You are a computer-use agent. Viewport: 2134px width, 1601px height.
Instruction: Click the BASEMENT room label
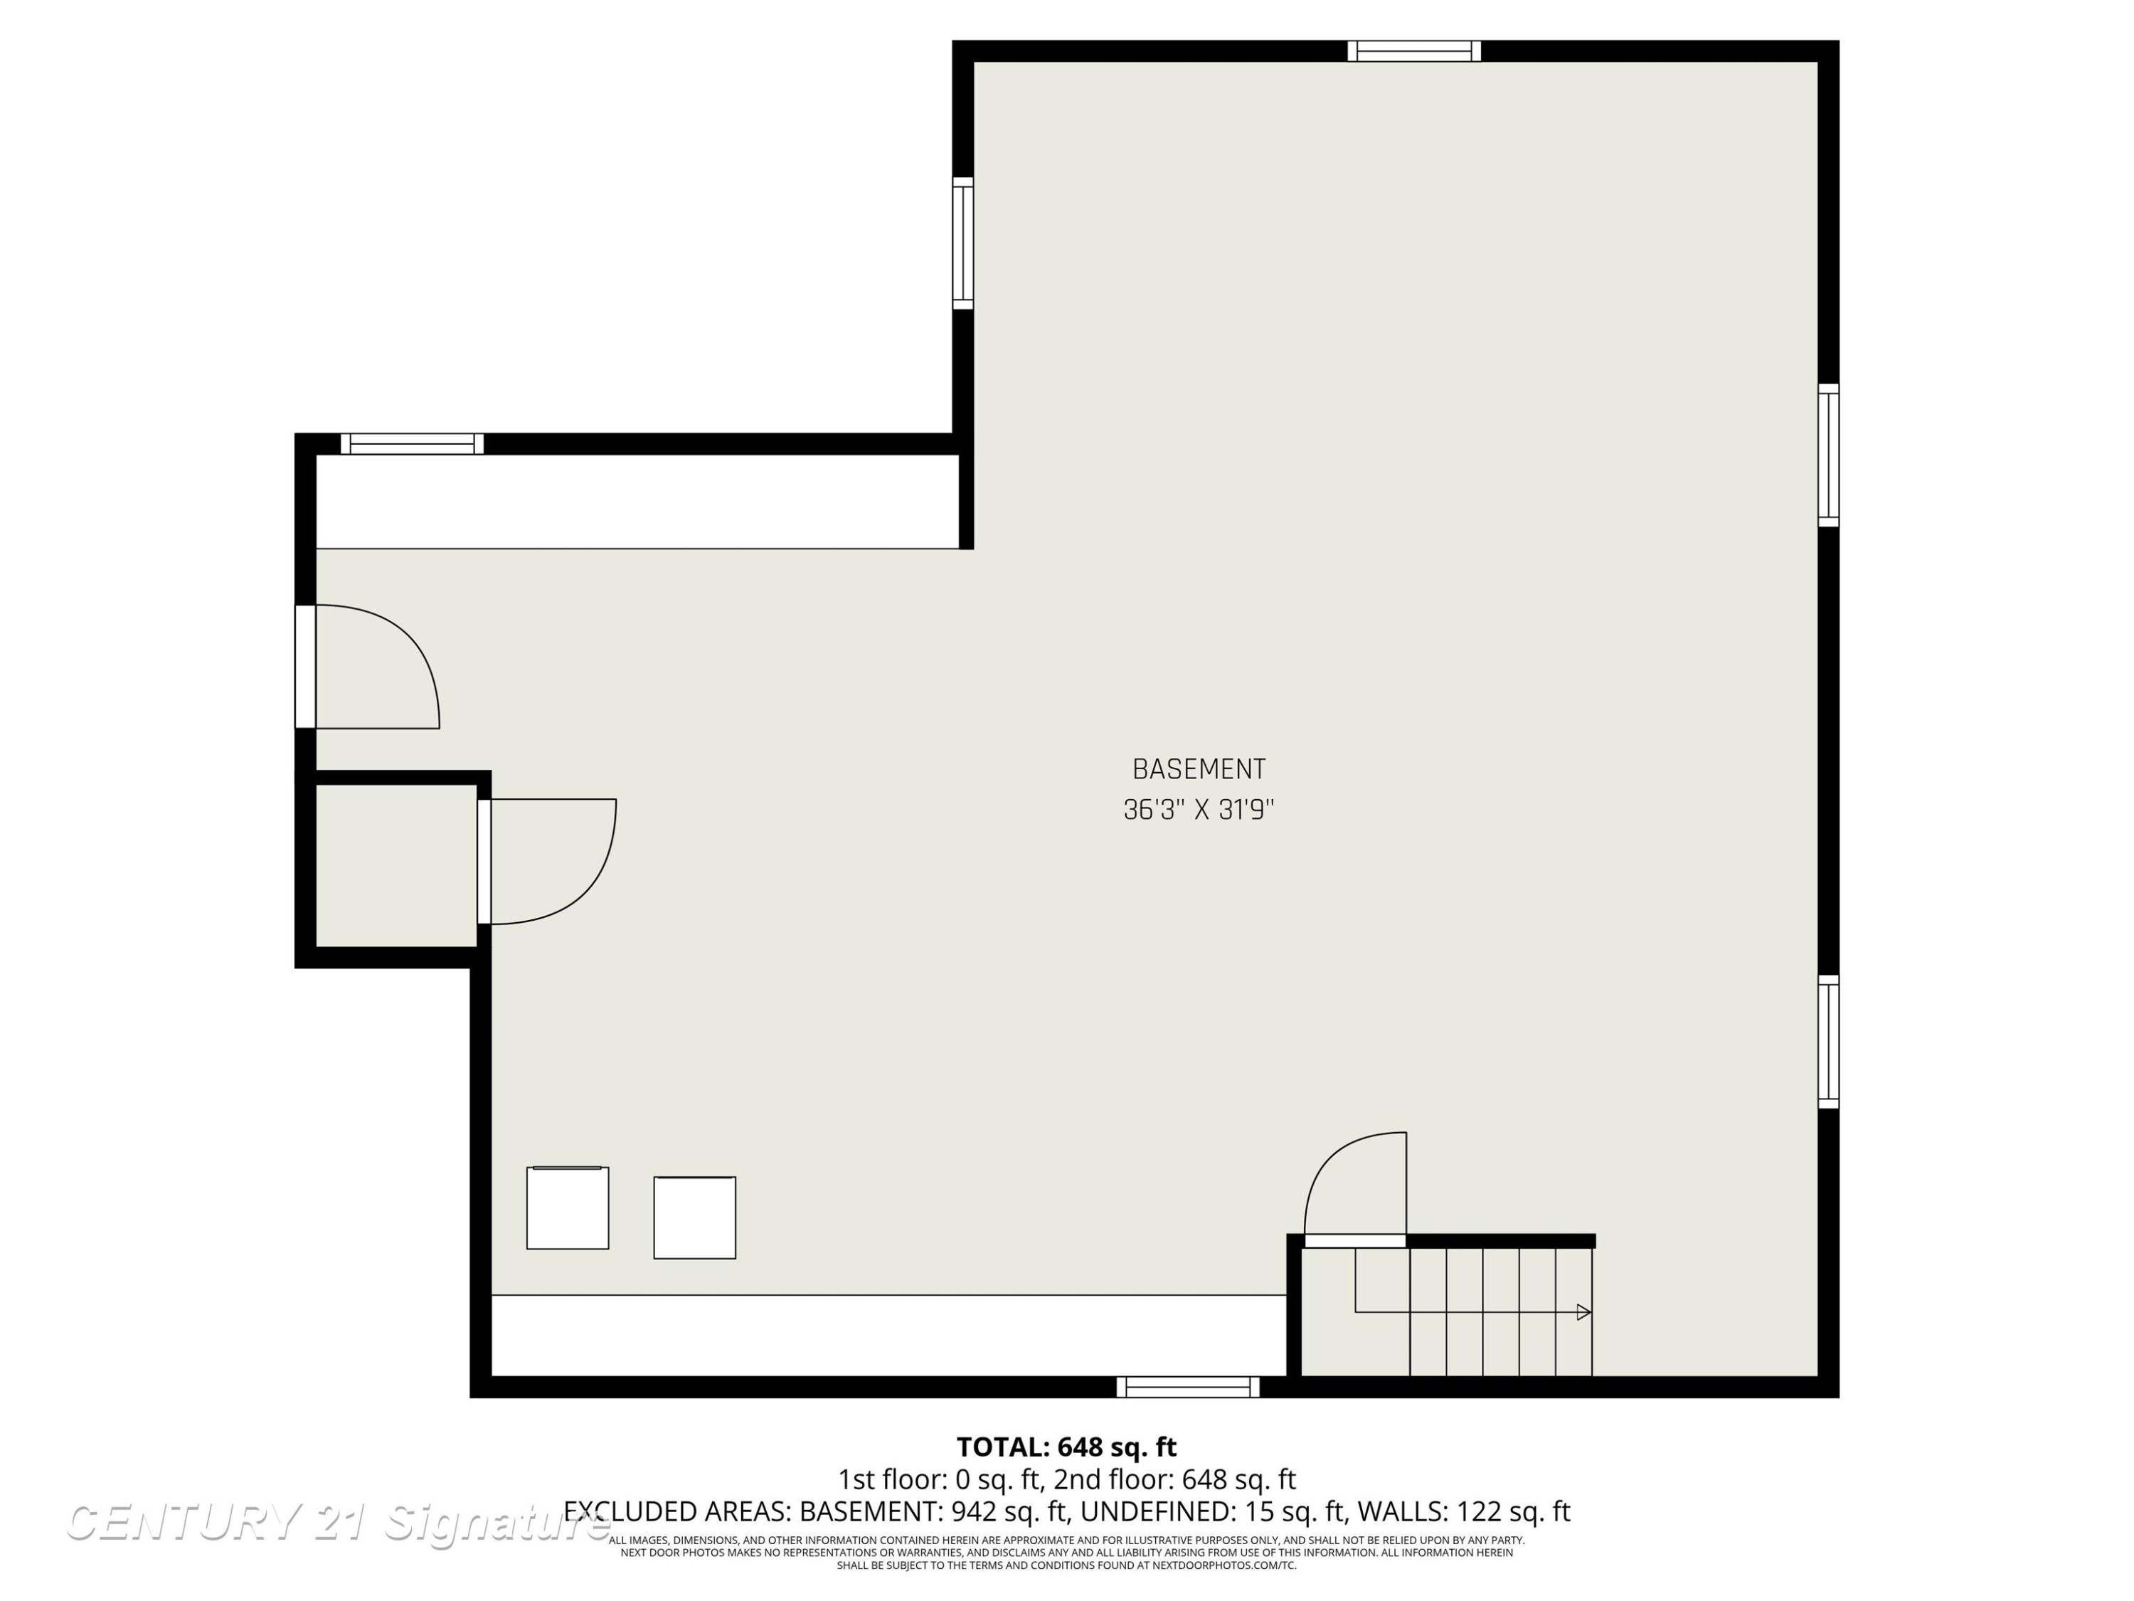click(x=1198, y=769)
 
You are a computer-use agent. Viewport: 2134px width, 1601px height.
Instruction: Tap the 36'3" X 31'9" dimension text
click(x=1198, y=809)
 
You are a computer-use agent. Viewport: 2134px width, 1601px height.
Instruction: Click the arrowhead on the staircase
click(x=1583, y=1311)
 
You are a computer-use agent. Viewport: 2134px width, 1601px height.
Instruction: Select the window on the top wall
click(x=1413, y=51)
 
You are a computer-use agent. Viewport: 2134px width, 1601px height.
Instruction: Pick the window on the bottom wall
click(x=1188, y=1387)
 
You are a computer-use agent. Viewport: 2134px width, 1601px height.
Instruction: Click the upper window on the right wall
click(x=1828, y=455)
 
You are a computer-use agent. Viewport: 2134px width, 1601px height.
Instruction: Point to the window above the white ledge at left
click(x=412, y=444)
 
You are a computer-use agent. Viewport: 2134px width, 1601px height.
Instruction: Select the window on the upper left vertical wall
click(x=963, y=243)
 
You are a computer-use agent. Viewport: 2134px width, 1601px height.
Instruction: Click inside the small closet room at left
click(x=396, y=866)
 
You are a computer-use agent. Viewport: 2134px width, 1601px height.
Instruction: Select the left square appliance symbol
click(x=567, y=1208)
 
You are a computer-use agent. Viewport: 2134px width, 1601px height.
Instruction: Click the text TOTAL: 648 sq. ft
click(x=1066, y=1447)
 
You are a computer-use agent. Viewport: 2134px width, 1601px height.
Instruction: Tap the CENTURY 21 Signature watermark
click(x=338, y=1523)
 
